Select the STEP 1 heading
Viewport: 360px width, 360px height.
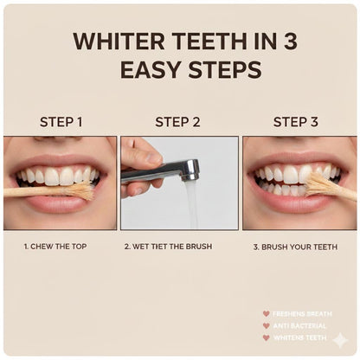61,122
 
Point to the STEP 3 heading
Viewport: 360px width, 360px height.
296,122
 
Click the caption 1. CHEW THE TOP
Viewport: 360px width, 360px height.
59,247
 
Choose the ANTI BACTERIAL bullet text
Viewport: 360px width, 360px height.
298,325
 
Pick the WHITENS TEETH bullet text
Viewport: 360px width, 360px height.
299,337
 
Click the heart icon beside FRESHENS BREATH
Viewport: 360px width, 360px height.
267,313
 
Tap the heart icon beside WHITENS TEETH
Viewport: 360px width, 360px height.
267,337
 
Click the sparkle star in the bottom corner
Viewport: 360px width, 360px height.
339,340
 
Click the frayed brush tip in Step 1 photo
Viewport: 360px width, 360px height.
81,190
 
